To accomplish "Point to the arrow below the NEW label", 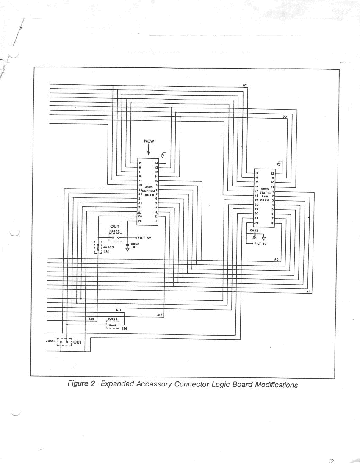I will coord(148,150).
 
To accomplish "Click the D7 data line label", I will coord(245,86).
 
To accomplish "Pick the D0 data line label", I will coord(285,116).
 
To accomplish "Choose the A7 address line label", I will coord(308,292).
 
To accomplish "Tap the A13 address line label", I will coord(91,319).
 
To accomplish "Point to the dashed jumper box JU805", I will coord(112,325).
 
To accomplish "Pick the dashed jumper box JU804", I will coord(64,341).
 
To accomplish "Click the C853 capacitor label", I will coord(254,230).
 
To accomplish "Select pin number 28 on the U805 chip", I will coord(140,221).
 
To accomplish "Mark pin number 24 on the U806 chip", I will coord(256,223).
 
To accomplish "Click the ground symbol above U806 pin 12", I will coord(279,164).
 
